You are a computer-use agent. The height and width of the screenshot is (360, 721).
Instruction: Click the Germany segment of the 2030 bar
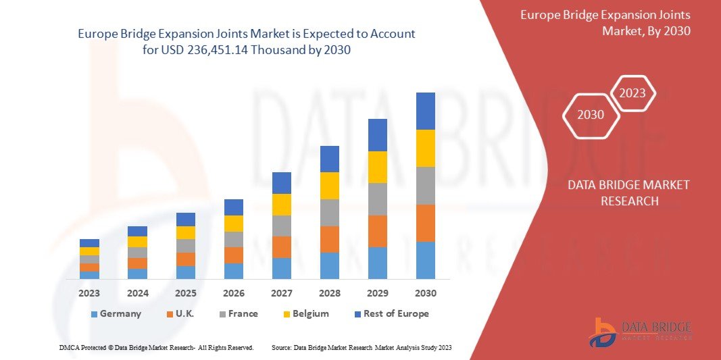pos(426,260)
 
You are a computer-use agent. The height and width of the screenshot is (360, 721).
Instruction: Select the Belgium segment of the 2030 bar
pos(426,148)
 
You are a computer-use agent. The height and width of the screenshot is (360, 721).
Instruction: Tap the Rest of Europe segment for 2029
pos(378,135)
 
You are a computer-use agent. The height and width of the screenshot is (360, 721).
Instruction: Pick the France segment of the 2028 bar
pos(330,213)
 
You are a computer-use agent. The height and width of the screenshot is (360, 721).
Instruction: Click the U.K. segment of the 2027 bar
pos(282,247)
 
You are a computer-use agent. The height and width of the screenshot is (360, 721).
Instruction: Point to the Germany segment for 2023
pos(89,275)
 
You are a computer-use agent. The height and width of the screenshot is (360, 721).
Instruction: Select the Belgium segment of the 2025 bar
pos(186,232)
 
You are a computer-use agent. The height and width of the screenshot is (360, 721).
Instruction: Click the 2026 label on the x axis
pos(234,293)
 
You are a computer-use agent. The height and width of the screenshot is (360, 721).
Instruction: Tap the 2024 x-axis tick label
pos(137,293)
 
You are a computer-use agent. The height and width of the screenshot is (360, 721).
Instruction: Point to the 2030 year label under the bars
pos(426,293)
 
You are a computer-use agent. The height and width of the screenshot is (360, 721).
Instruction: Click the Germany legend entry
pos(115,313)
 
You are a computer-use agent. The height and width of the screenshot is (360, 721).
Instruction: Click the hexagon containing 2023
pos(632,93)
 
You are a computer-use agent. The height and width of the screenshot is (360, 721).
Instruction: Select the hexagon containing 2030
pos(591,115)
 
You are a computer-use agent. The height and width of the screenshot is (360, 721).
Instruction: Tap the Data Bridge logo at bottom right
pos(639,332)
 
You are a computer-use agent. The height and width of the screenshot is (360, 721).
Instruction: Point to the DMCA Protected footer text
pos(156,347)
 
